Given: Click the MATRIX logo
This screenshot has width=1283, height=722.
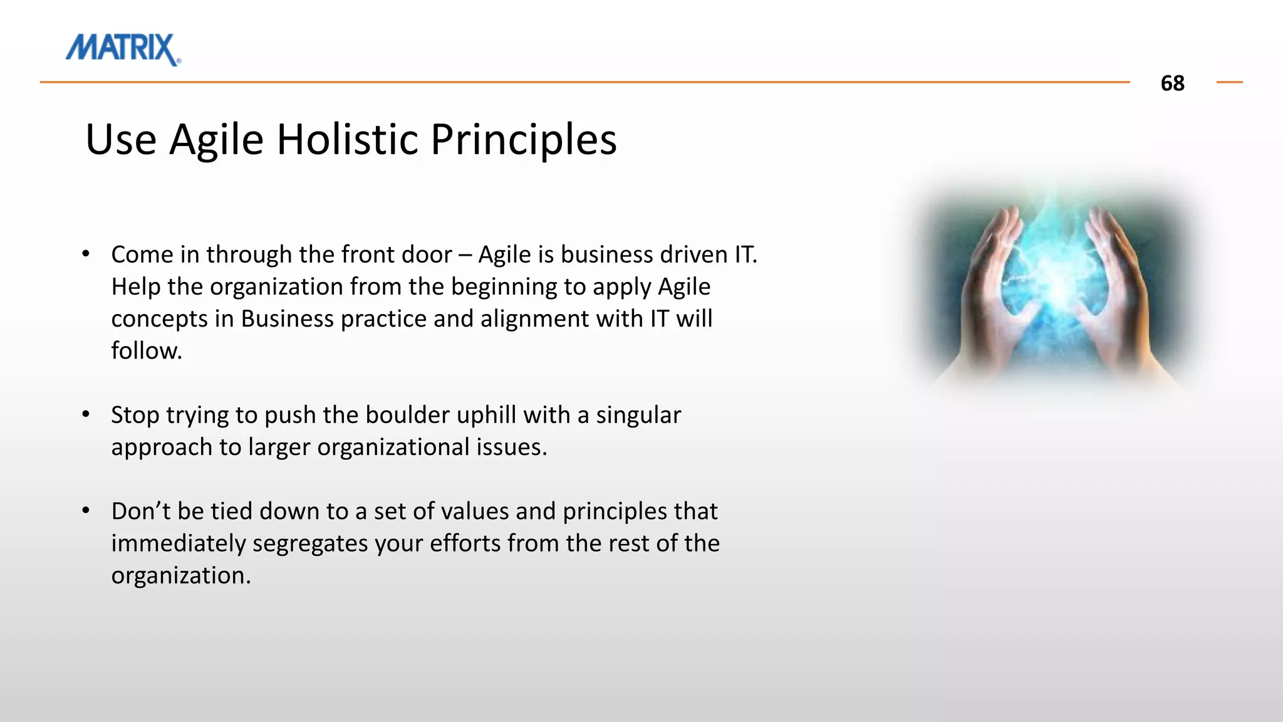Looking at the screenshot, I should coord(123,49).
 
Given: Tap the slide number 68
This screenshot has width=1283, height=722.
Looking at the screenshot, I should coord(1172,83).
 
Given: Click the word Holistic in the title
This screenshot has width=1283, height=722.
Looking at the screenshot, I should coord(347,139).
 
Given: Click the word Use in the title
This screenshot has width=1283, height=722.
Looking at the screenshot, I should coord(120,139).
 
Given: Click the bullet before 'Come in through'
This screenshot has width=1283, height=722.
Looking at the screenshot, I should coord(86,254).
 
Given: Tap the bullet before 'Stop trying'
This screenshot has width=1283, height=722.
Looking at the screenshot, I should coord(86,414).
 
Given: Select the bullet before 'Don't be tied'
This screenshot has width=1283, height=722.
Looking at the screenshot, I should coord(86,511).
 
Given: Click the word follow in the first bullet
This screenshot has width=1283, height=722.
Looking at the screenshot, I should coord(146,351).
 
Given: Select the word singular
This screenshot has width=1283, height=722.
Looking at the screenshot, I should coord(638,415).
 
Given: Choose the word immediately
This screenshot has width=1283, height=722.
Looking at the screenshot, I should coord(178,543).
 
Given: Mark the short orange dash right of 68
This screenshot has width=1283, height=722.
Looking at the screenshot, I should coord(1229,82).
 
